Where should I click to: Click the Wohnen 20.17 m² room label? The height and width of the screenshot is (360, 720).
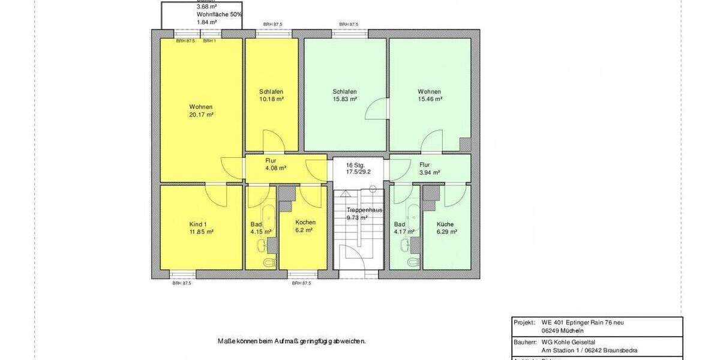201,110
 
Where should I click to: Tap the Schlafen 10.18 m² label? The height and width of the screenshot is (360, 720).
271,95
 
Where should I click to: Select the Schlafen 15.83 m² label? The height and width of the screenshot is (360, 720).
344,95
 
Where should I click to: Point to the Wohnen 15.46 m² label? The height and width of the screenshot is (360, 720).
430,95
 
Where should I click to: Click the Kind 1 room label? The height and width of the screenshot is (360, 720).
201,227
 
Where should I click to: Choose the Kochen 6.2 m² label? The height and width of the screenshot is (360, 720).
305,226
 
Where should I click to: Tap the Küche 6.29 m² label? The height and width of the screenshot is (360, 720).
445,227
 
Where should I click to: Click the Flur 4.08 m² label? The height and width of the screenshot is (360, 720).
275,164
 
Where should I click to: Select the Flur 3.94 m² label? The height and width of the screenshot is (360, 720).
430,168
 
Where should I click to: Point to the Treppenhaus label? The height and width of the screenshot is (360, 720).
365,211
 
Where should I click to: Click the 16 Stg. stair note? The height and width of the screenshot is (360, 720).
356,165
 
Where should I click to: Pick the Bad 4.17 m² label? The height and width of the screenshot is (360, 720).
400,227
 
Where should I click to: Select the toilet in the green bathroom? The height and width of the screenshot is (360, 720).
412,263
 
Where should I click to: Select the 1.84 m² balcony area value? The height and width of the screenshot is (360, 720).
206,22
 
